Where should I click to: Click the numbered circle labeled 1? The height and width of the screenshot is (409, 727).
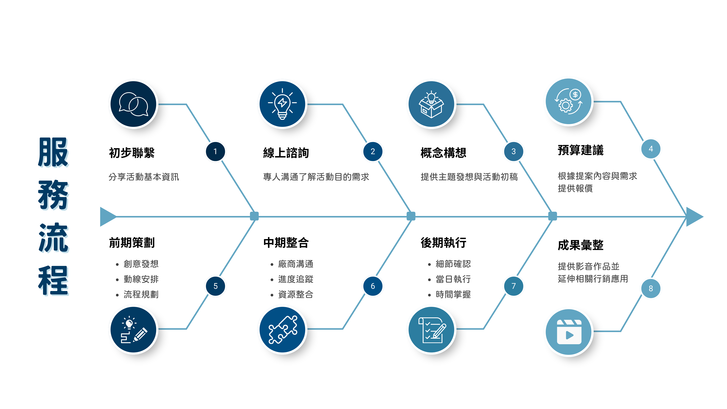[x=215, y=152]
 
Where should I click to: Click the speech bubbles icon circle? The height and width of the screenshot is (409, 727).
[x=133, y=104]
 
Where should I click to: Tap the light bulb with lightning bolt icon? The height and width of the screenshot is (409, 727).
[x=282, y=104]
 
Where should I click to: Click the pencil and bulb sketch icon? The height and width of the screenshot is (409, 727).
[x=133, y=329]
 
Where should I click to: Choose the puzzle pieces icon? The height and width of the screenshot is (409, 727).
[x=282, y=329]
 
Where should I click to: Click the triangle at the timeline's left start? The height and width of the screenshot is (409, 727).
[x=107, y=217]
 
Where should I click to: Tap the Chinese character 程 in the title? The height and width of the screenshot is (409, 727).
[x=54, y=281]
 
